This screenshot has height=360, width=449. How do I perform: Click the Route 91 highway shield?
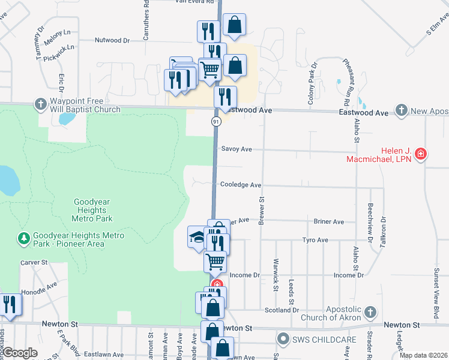pos(216,122)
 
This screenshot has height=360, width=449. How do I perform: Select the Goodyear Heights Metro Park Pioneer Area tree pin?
pos(24,239)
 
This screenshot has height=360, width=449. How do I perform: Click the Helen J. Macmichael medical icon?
pos(421,154)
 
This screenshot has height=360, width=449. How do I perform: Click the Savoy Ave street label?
pos(236,149)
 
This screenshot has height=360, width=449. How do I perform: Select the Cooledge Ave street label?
pos(240,185)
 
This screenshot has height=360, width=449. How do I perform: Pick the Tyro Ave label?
pos(315,240)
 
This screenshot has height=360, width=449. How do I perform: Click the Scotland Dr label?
pos(282,310)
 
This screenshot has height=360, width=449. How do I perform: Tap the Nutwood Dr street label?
pos(112,40)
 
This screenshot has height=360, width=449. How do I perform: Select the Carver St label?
pos(34,262)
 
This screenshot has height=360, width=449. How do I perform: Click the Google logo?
pos(20,352)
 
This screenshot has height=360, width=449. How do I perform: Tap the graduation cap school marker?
pos(197,238)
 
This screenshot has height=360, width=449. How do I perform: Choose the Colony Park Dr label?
pos(312,91)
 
